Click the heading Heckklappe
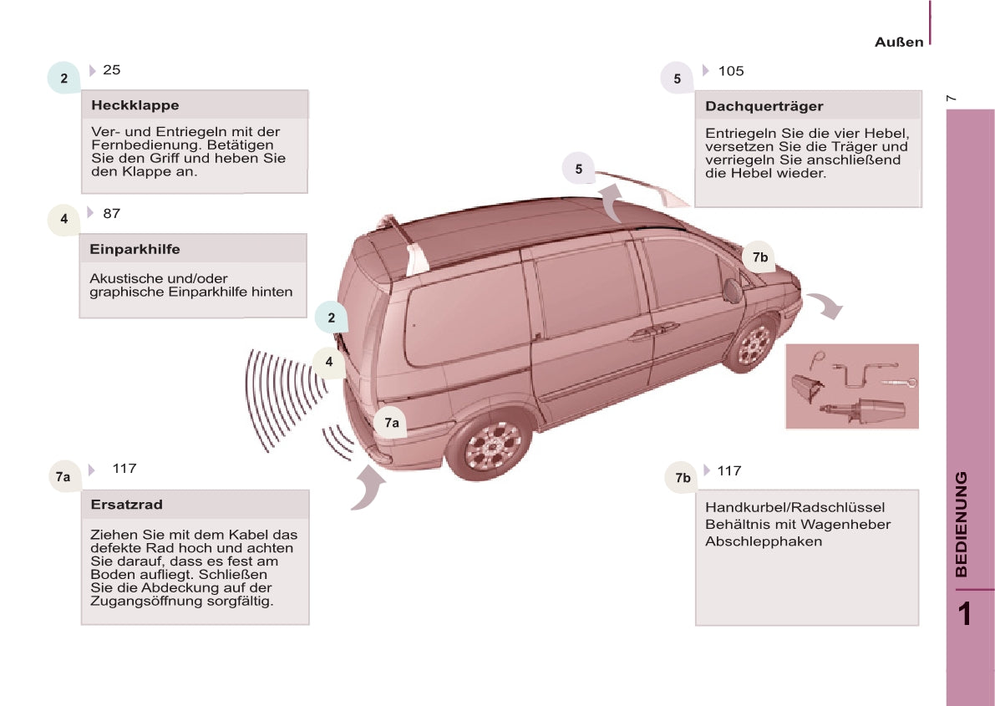[135, 105]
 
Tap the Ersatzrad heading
[127, 505]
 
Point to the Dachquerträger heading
[764, 106]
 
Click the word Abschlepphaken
[752, 541]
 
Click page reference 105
[731, 71]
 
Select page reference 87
[112, 214]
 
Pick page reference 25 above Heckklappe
[112, 70]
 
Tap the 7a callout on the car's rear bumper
[391, 423]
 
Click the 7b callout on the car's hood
[759, 257]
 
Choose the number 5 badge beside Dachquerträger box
[677, 79]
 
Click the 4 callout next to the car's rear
[329, 362]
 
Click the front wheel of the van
[753, 344]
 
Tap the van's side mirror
[733, 289]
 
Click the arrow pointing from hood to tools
[826, 306]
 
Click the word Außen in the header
[899, 42]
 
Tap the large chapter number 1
[964, 614]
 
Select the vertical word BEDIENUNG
[962, 524]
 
